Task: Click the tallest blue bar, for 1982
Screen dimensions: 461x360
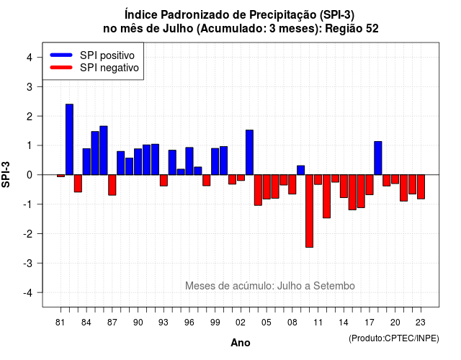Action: pos(69,139)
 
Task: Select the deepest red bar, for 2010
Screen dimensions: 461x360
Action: pos(309,211)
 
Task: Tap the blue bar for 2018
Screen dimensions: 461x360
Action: pos(377,158)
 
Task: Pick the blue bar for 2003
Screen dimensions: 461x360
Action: pos(249,152)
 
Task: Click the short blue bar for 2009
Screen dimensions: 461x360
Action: pos(301,170)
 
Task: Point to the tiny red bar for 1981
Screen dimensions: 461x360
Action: pos(61,176)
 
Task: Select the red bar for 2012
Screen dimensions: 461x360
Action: pos(326,197)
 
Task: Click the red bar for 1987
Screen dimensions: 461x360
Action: pos(112,185)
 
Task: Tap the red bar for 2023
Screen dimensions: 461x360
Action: pos(421,187)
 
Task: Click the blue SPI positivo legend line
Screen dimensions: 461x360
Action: pos(61,55)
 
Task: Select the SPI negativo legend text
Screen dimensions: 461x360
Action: pos(109,68)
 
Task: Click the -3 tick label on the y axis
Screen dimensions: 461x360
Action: pos(28,263)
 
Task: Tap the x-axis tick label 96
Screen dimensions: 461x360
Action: pos(189,323)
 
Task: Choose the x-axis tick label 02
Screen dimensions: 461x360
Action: pos(241,323)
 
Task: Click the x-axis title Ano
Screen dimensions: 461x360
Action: pos(241,343)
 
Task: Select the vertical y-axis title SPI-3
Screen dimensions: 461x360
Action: pos(6,174)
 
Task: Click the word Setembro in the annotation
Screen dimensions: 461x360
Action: pos(334,286)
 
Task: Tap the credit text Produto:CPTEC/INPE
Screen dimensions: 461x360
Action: pos(394,338)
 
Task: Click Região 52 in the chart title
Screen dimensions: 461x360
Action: pos(352,29)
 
